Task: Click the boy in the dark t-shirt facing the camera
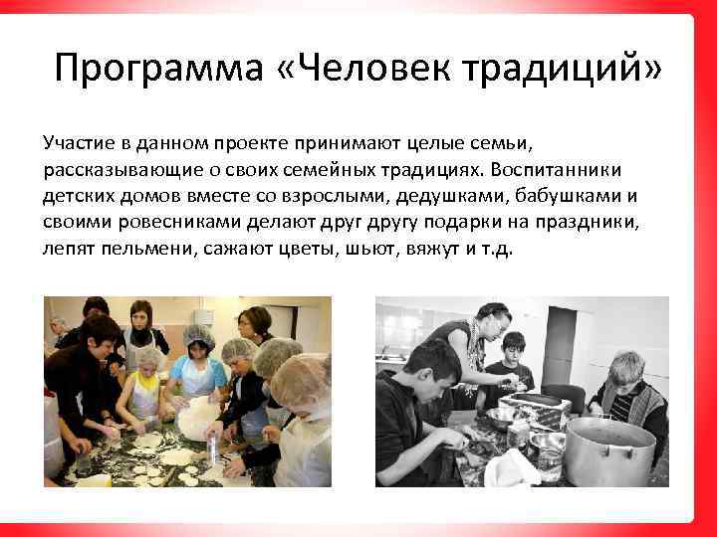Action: click(510, 363)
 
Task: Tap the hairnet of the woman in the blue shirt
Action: click(197, 335)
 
